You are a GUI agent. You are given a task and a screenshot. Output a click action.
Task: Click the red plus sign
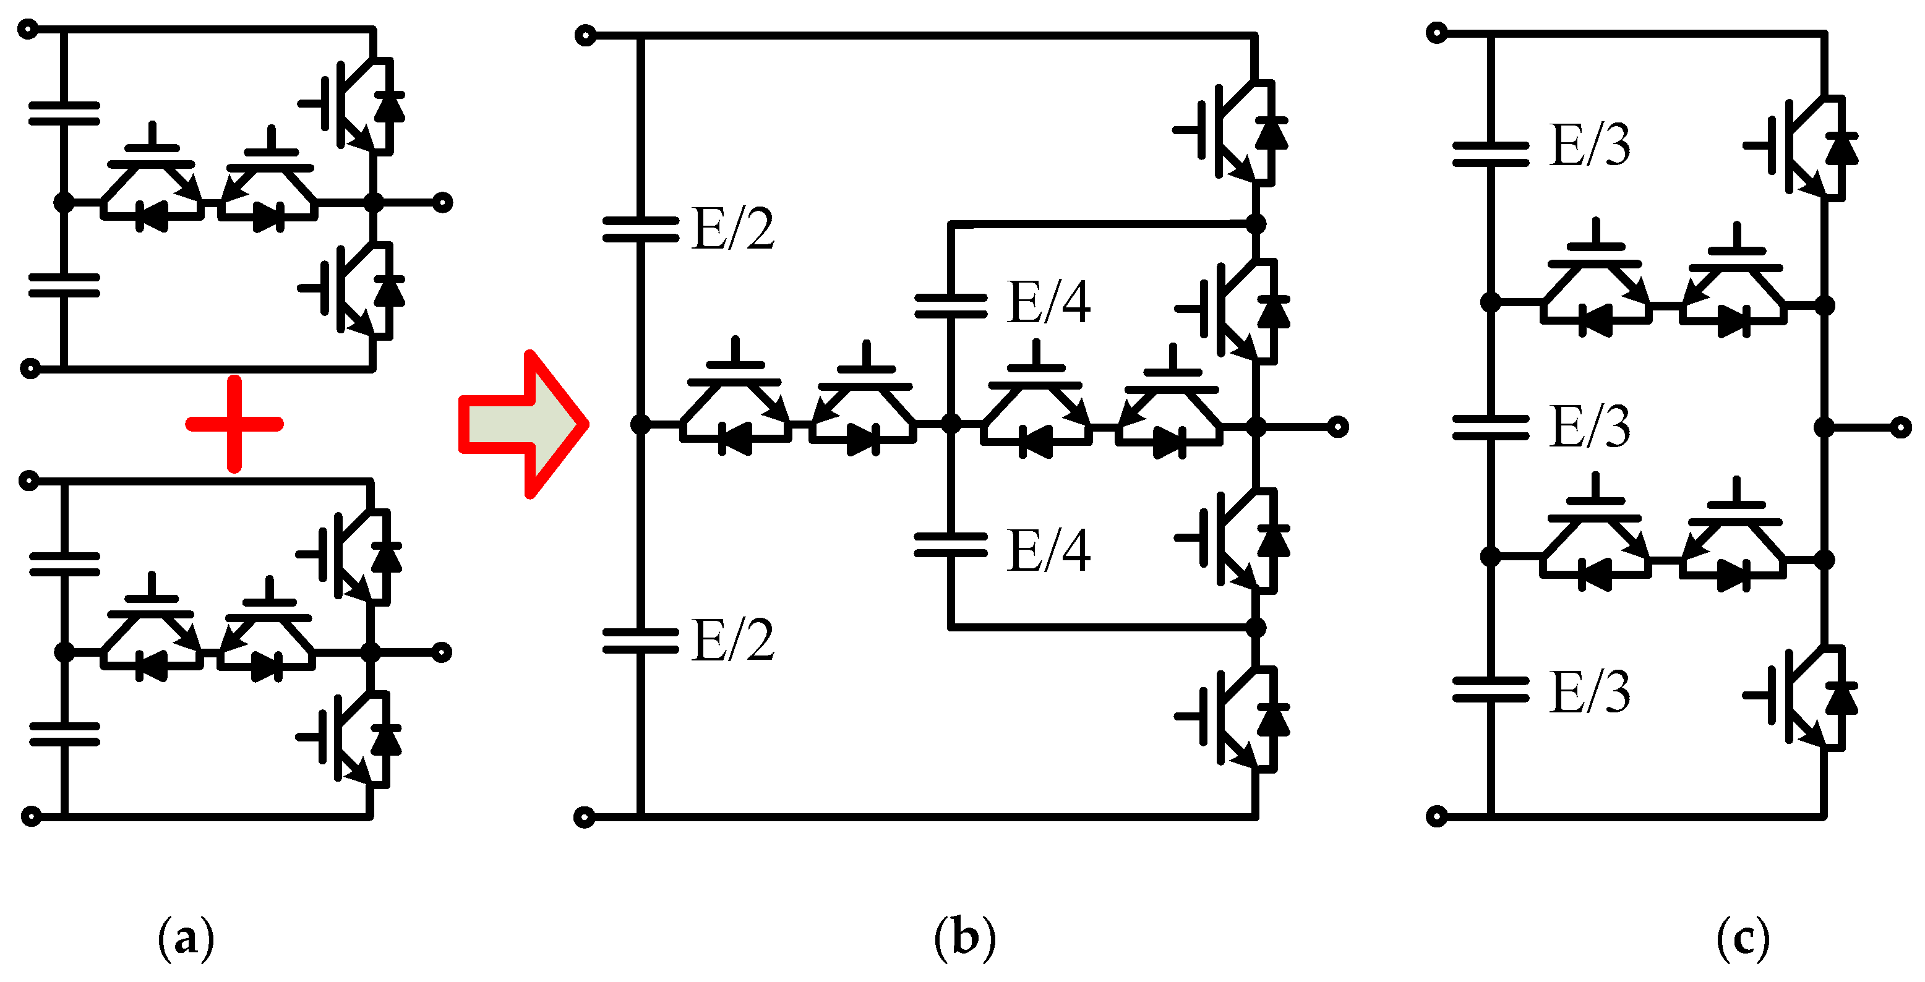tap(234, 424)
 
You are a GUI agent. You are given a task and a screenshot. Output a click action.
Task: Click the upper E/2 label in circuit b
tap(732, 229)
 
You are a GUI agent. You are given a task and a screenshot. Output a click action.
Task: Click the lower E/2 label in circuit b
tap(732, 641)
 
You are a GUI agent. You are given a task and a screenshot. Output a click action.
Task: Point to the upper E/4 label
tap(1048, 302)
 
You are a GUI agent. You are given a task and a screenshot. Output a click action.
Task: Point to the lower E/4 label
tap(1048, 551)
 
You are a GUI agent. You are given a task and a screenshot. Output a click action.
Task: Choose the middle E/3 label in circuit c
tap(1590, 427)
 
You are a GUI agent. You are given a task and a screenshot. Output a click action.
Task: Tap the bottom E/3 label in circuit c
tap(1590, 692)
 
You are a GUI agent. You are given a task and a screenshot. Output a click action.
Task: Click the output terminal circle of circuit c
tap(1900, 427)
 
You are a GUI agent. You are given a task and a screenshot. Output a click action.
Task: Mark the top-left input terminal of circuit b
tap(586, 35)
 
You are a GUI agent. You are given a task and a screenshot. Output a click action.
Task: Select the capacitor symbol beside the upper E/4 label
tap(951, 305)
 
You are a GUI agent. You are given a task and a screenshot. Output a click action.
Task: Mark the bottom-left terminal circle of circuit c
tap(1436, 816)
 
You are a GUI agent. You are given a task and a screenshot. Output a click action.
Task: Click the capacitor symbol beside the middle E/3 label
tap(1490, 427)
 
